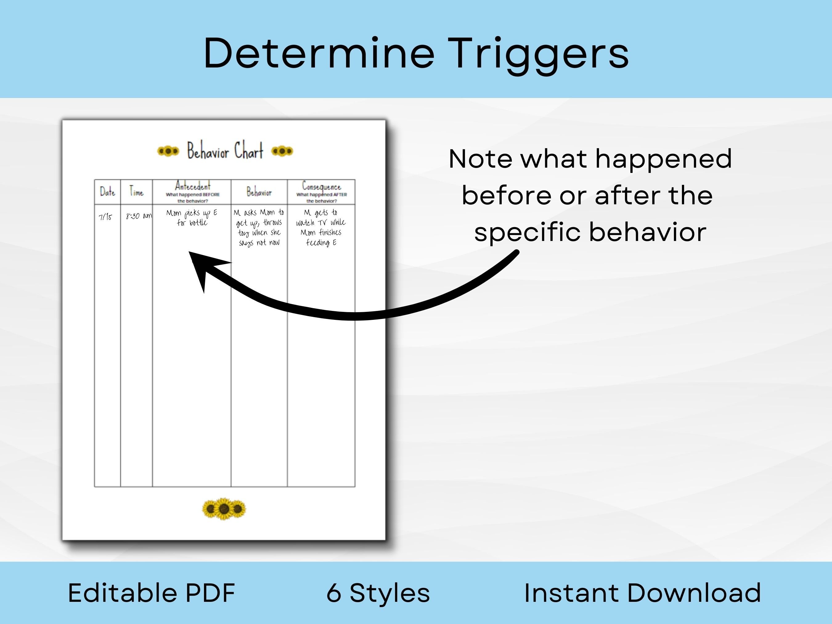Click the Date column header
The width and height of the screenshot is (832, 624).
coord(107,192)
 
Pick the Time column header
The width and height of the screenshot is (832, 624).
coord(136,192)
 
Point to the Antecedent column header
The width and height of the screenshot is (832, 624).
coord(192,186)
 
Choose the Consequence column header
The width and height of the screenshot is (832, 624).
coord(321,186)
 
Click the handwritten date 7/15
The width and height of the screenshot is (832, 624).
coord(105,217)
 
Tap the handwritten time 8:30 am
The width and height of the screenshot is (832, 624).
coord(139,216)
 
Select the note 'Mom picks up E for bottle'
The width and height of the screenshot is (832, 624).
coord(192,218)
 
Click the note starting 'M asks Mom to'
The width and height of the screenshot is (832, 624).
coord(259,227)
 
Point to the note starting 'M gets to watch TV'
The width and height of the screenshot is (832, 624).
coord(321,227)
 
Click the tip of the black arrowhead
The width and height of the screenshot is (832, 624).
coord(189,252)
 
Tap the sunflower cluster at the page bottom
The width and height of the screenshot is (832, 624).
coord(224,509)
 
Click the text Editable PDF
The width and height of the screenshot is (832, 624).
coord(152,593)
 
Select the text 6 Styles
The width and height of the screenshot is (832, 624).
coord(378,593)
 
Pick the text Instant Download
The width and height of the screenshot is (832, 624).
coord(642,593)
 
